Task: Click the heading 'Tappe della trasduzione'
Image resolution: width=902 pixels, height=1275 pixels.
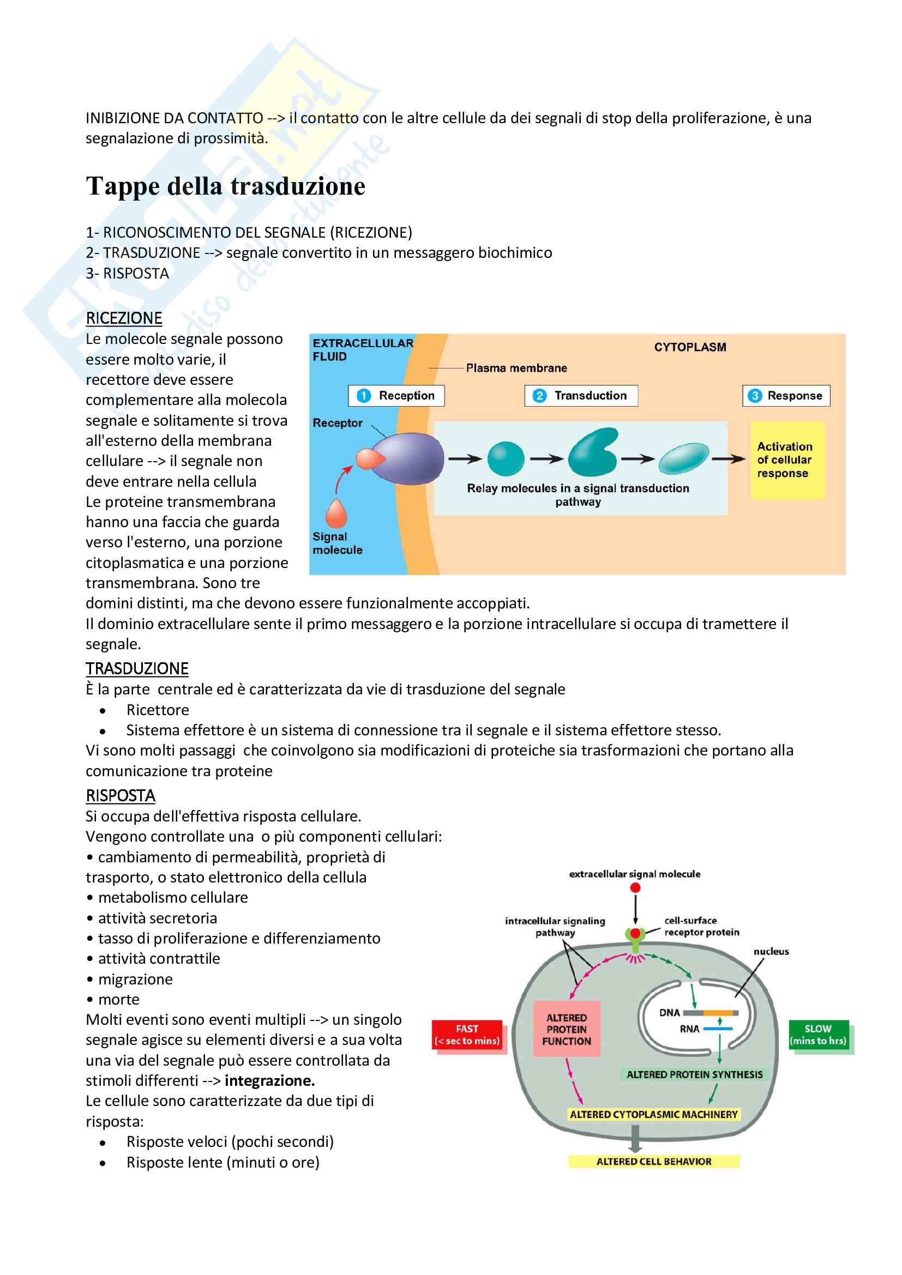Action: (x=226, y=186)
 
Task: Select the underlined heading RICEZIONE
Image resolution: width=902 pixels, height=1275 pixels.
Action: (x=124, y=318)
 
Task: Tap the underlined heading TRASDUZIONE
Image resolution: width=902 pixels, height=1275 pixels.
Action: (x=137, y=669)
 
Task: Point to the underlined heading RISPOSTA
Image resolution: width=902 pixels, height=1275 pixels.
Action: (x=120, y=796)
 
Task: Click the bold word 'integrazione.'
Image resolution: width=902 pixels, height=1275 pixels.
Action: (x=269, y=1080)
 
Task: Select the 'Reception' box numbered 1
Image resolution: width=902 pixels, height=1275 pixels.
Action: (x=396, y=395)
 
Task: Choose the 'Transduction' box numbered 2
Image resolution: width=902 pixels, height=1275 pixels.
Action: (x=580, y=395)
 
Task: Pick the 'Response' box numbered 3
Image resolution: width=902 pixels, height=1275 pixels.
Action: (x=786, y=395)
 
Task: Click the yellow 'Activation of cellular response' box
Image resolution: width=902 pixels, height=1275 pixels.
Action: (x=786, y=460)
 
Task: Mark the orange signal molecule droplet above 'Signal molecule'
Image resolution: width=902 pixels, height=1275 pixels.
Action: (x=336, y=513)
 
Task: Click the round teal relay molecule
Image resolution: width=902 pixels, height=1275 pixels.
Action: (x=506, y=458)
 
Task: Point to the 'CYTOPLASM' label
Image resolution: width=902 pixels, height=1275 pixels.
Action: (x=690, y=347)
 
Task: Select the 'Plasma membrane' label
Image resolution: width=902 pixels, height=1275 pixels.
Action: (x=516, y=367)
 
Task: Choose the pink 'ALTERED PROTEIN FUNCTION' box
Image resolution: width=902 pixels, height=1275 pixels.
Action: (x=566, y=1029)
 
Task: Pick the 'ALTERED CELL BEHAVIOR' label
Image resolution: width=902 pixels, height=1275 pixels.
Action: (x=653, y=1162)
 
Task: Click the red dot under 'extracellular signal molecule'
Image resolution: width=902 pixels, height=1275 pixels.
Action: (x=635, y=887)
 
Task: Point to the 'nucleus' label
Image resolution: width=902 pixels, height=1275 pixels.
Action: (x=771, y=951)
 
